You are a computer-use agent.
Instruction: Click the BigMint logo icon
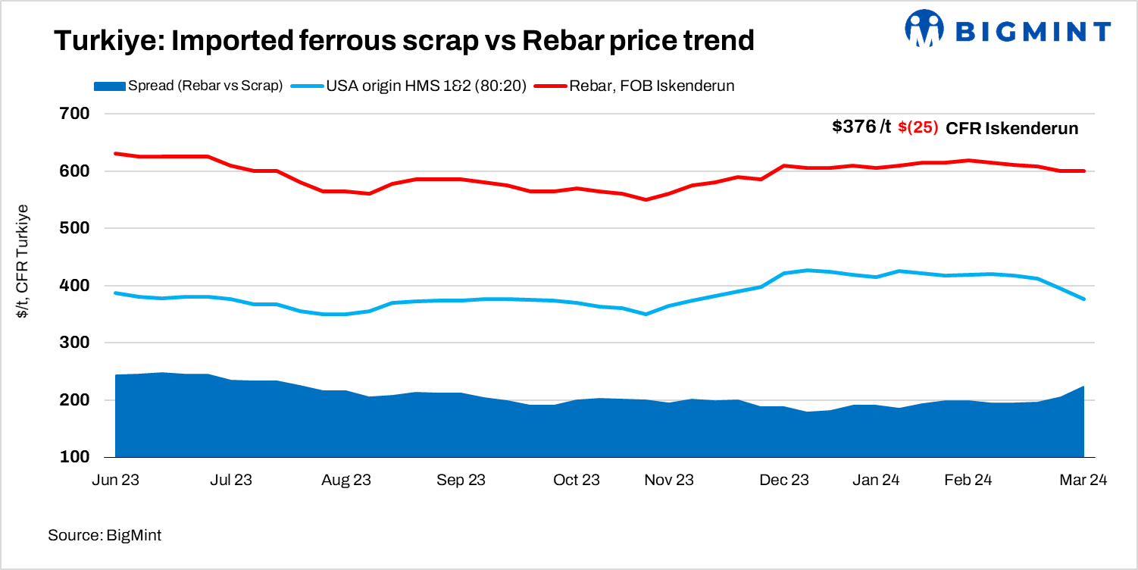(923, 30)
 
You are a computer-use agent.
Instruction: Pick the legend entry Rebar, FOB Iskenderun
(652, 86)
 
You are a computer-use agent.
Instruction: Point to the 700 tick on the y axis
(75, 114)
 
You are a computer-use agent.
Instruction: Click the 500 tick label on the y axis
(75, 228)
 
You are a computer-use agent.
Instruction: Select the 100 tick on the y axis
(75, 457)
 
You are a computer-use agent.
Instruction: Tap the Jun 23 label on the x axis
(114, 481)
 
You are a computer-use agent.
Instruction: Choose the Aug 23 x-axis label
(345, 481)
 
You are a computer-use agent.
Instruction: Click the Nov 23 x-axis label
(669, 481)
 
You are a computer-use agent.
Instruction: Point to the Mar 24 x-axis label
(1083, 481)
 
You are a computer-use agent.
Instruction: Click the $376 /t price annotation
(861, 127)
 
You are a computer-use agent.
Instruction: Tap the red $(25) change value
(918, 128)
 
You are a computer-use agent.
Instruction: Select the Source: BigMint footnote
(105, 535)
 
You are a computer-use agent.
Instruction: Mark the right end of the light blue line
(1084, 299)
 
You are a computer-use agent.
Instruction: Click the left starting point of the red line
(115, 153)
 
